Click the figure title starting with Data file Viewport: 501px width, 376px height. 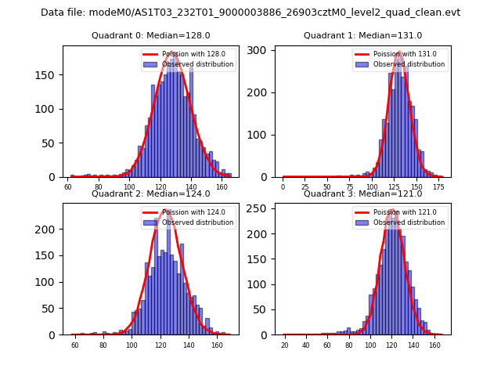(x=250, y=13)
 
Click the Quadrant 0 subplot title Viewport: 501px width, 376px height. (x=150, y=35)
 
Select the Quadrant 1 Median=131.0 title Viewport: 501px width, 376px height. (x=362, y=35)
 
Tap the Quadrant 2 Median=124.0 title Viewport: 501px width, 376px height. (x=150, y=193)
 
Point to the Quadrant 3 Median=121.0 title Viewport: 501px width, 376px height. (x=362, y=193)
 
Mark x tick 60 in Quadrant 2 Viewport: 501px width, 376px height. (x=75, y=345)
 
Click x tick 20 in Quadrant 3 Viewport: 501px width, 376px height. (x=285, y=345)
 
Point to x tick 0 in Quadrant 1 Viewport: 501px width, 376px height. (x=283, y=188)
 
